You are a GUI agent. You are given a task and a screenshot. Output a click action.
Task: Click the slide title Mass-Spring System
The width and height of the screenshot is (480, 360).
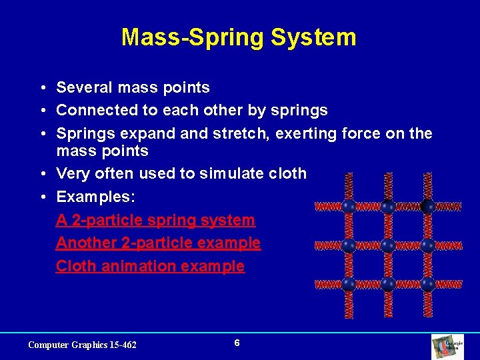click(x=239, y=37)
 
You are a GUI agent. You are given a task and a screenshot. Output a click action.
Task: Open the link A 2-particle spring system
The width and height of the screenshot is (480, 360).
click(x=155, y=220)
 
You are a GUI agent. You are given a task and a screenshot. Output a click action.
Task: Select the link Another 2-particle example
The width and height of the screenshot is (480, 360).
click(x=158, y=243)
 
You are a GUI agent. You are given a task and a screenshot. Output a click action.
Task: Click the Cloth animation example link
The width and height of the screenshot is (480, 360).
click(x=150, y=266)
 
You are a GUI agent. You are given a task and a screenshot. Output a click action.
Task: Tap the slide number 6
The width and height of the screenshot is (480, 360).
click(x=237, y=343)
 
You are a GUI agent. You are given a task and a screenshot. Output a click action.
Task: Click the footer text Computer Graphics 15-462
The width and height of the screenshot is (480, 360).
click(x=82, y=345)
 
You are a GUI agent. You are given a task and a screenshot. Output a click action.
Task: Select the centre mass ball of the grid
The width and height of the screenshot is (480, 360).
click(x=388, y=245)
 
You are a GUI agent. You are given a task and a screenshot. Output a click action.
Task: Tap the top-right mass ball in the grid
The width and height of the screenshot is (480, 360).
click(x=427, y=206)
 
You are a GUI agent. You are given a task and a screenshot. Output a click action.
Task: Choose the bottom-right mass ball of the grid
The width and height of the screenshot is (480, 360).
click(x=427, y=284)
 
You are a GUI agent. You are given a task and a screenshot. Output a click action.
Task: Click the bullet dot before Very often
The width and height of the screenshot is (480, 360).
click(x=41, y=174)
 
